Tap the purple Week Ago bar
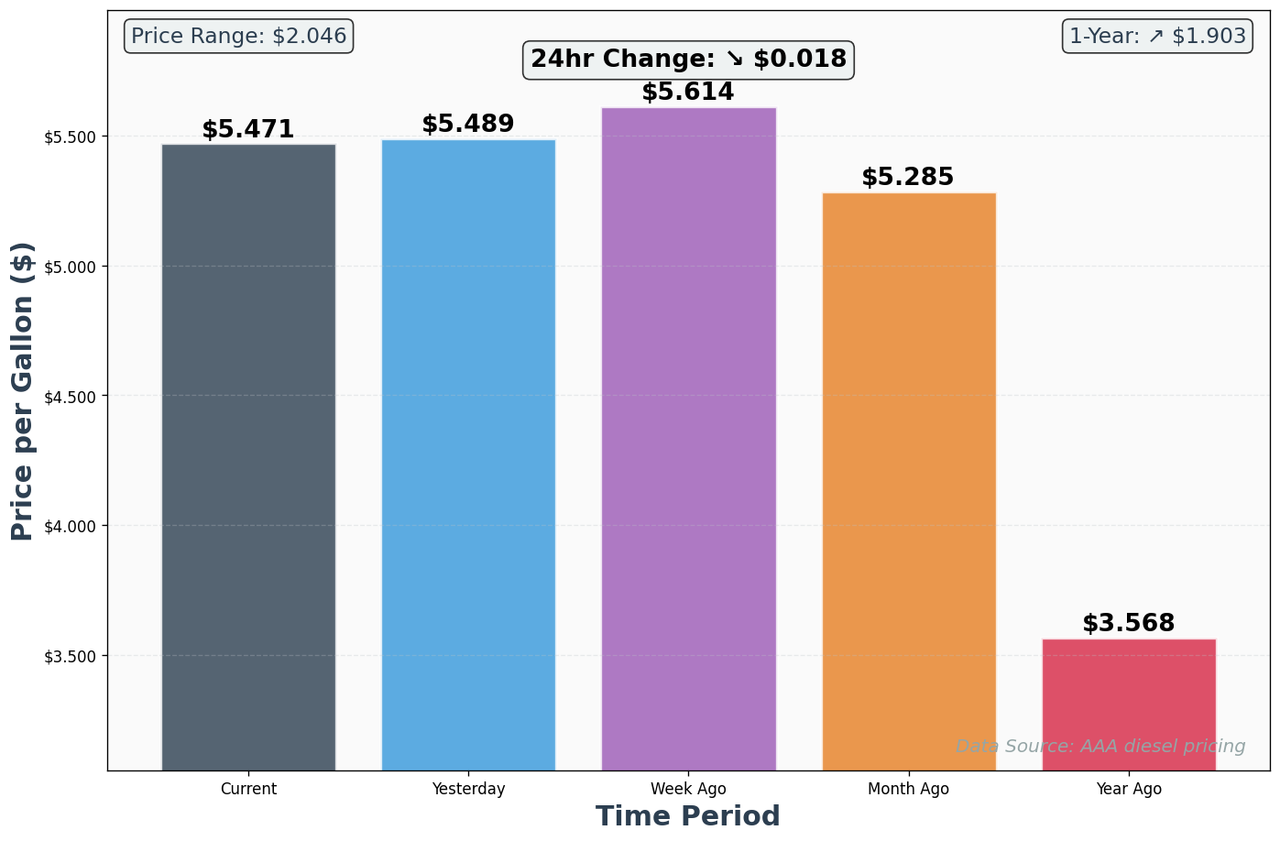click(x=688, y=439)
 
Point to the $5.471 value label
click(x=248, y=130)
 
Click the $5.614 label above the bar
click(x=688, y=93)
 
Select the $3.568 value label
click(x=1129, y=624)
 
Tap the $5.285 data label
click(x=908, y=178)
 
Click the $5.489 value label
click(x=468, y=125)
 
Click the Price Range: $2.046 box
click(x=239, y=37)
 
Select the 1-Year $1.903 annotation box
click(x=1157, y=37)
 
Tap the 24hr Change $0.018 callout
click(x=688, y=60)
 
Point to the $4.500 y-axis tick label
click(x=71, y=397)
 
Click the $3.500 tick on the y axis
click(x=71, y=657)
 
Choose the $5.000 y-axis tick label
click(x=71, y=267)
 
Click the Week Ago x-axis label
click(x=688, y=789)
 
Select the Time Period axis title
click(x=688, y=816)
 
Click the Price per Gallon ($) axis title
click(x=23, y=391)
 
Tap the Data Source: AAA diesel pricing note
click(x=1100, y=747)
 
